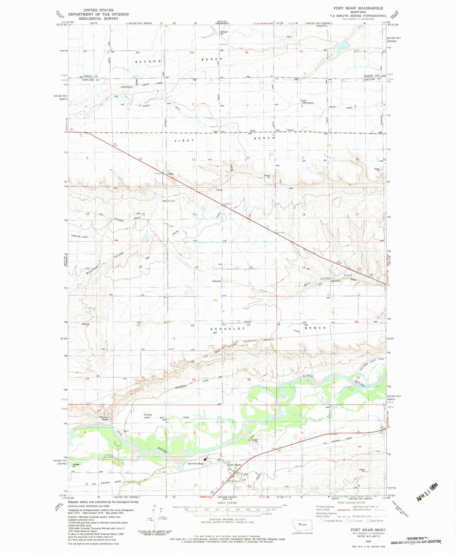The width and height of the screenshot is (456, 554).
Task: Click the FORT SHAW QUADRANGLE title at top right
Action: coord(358,8)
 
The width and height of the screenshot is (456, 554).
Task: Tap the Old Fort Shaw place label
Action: coord(196,463)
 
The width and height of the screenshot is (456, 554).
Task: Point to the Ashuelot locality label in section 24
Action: coord(217,280)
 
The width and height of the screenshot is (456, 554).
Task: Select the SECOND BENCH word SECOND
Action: coord(148,61)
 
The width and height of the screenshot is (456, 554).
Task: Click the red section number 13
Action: coord(249,216)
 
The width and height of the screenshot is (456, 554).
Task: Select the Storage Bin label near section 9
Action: coord(76,465)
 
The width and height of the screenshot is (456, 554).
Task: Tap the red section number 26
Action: coord(192,325)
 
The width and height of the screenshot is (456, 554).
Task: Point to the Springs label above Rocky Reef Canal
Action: coord(148,415)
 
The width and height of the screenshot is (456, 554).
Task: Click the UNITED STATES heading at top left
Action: coord(98,10)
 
